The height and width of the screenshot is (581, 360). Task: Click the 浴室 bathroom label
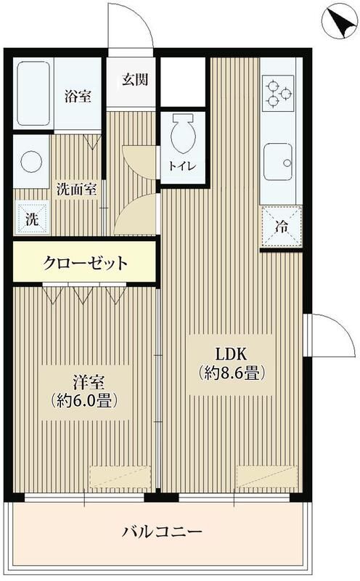tap(78, 96)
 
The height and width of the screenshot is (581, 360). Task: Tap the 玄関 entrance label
tap(135, 79)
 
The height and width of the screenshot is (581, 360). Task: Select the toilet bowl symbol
tap(181, 135)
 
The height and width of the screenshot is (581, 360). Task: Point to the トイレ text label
tap(182, 165)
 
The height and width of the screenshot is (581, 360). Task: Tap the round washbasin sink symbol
tap(31, 162)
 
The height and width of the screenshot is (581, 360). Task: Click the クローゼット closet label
tap(85, 262)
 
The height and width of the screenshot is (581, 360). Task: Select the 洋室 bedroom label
tap(83, 379)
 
